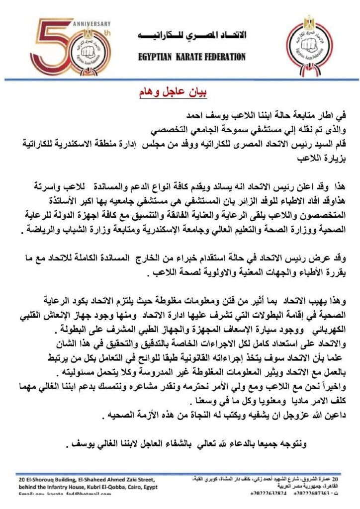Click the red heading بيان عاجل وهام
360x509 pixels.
point(172,92)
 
